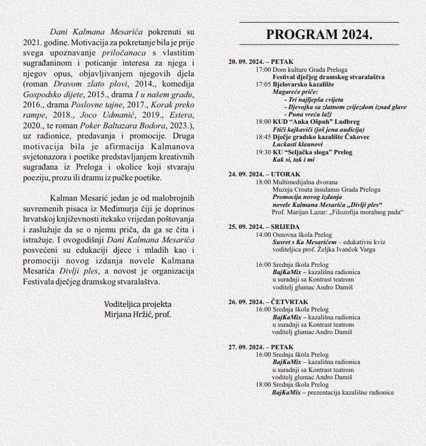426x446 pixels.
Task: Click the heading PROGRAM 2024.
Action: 319,35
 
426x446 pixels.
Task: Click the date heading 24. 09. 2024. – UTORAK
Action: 264,175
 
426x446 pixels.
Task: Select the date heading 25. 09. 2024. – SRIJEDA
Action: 264,226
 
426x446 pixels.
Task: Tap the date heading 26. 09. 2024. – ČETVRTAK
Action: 267,301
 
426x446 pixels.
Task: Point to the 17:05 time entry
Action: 263,84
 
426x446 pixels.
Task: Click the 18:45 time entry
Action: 263,137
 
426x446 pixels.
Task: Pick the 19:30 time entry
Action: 263,152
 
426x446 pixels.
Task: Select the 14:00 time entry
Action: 263,234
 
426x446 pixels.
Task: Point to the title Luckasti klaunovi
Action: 298,145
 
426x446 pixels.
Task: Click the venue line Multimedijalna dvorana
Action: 305,183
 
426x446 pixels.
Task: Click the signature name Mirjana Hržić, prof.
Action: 137,314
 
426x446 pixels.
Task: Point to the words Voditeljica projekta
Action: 138,304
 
